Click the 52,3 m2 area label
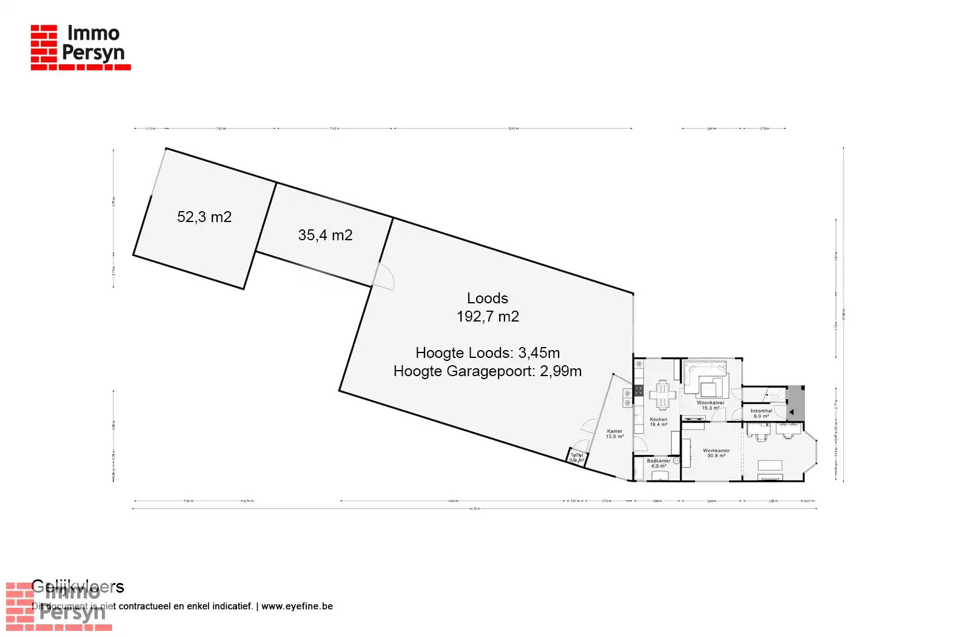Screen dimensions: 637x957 click(204, 217)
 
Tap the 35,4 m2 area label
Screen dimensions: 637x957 click(325, 235)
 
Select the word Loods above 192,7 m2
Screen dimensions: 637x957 click(488, 298)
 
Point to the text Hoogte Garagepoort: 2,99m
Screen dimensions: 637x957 click(488, 371)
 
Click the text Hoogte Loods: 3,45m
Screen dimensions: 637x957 click(488, 353)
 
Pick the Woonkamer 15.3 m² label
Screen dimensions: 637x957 click(710, 405)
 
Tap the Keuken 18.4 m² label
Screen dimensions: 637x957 click(659, 422)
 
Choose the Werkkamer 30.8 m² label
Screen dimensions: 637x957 click(716, 453)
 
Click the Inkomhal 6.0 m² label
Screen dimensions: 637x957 click(761, 413)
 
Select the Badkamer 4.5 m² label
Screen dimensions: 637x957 click(659, 463)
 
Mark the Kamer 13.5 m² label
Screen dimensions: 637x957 click(614, 434)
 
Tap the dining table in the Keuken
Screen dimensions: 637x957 click(662, 395)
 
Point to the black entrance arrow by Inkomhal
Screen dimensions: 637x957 click(791, 412)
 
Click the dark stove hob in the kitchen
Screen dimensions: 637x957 click(639, 390)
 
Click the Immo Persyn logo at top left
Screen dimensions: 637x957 click(80, 47)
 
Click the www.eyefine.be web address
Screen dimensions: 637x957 click(297, 606)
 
